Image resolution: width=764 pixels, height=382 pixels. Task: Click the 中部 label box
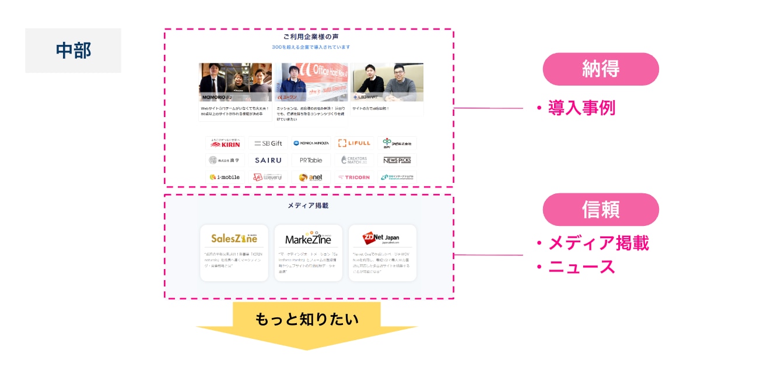(73, 51)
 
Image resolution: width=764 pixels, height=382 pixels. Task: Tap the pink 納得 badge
(600, 69)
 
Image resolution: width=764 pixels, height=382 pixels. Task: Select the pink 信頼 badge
(600, 210)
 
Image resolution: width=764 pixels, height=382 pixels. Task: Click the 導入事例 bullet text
(581, 108)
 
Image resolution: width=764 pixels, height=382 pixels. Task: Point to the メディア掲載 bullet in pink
(598, 243)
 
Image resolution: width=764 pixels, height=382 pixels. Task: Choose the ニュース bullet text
(582, 267)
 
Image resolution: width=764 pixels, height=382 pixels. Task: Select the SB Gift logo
(268, 143)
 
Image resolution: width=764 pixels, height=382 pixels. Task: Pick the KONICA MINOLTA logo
(311, 143)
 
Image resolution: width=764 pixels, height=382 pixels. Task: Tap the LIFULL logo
(354, 143)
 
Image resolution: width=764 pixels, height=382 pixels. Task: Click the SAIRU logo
(268, 160)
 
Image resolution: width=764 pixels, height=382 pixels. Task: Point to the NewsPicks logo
(397, 160)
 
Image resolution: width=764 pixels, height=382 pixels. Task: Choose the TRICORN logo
(354, 177)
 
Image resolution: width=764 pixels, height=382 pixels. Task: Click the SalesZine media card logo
(234, 238)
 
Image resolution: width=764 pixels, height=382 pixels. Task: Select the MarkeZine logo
(308, 239)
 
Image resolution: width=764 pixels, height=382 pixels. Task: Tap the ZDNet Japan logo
(382, 238)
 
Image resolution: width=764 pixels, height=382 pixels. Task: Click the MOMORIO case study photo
(235, 82)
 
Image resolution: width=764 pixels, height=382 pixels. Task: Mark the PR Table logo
(311, 160)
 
